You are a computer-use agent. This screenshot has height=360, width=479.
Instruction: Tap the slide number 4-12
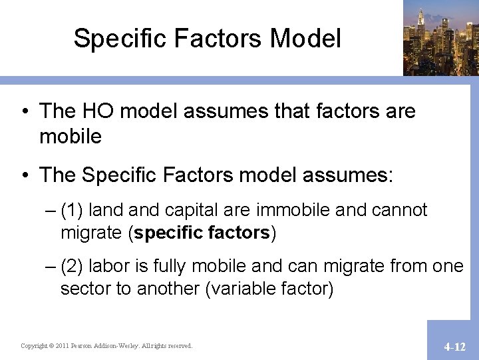click(455, 347)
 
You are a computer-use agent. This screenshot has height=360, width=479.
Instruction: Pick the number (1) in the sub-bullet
click(72, 210)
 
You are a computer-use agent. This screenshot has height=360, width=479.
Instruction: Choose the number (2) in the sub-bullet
click(72, 267)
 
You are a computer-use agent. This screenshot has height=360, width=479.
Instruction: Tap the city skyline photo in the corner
click(440, 37)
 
